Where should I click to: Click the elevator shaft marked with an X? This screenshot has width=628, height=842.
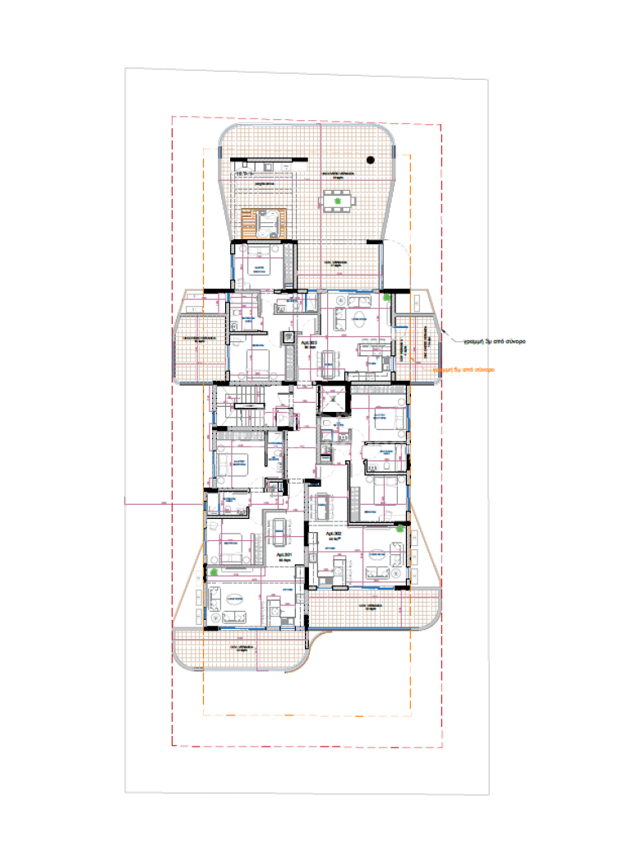click(335, 400)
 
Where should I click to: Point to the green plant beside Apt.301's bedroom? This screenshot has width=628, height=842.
click(214, 570)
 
